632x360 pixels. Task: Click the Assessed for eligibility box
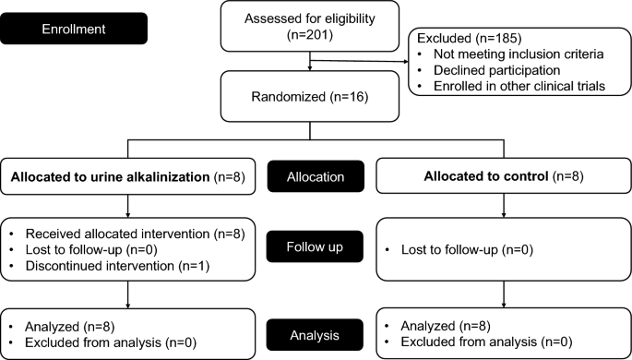click(310, 28)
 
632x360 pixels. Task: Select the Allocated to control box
click(503, 175)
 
